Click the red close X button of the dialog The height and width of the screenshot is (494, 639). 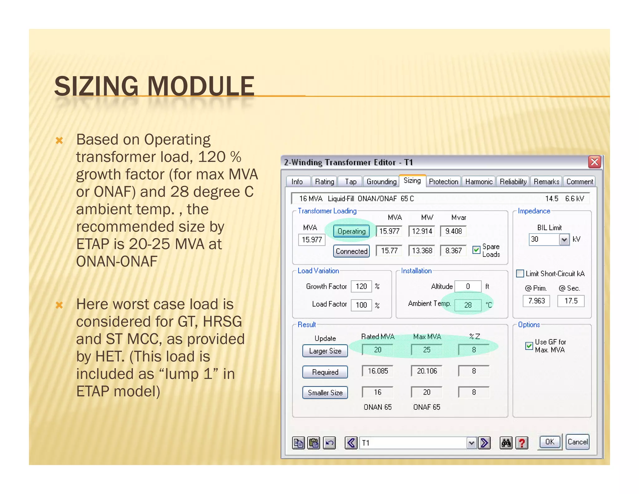pos(594,162)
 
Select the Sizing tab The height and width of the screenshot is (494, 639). pos(412,181)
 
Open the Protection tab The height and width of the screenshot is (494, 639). pos(443,182)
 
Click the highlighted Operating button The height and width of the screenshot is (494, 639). pos(351,231)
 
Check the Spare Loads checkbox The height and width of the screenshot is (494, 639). pos(476,250)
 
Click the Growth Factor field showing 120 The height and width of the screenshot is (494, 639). pos(361,286)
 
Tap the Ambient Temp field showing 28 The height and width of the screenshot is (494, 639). pos(468,305)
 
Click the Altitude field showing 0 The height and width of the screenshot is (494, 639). pos(468,286)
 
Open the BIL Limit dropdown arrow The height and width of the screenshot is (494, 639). pos(564,240)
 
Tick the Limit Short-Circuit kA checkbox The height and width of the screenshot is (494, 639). pos(520,274)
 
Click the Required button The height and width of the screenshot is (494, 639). pos(325,372)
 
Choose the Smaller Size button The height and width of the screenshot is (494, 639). pos(325,393)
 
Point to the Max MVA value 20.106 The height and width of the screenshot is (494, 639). pos(427,371)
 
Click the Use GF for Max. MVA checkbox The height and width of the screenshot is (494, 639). pos(529,346)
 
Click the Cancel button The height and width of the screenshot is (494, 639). pos(577,442)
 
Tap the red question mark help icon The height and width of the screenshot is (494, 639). pos(522,443)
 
